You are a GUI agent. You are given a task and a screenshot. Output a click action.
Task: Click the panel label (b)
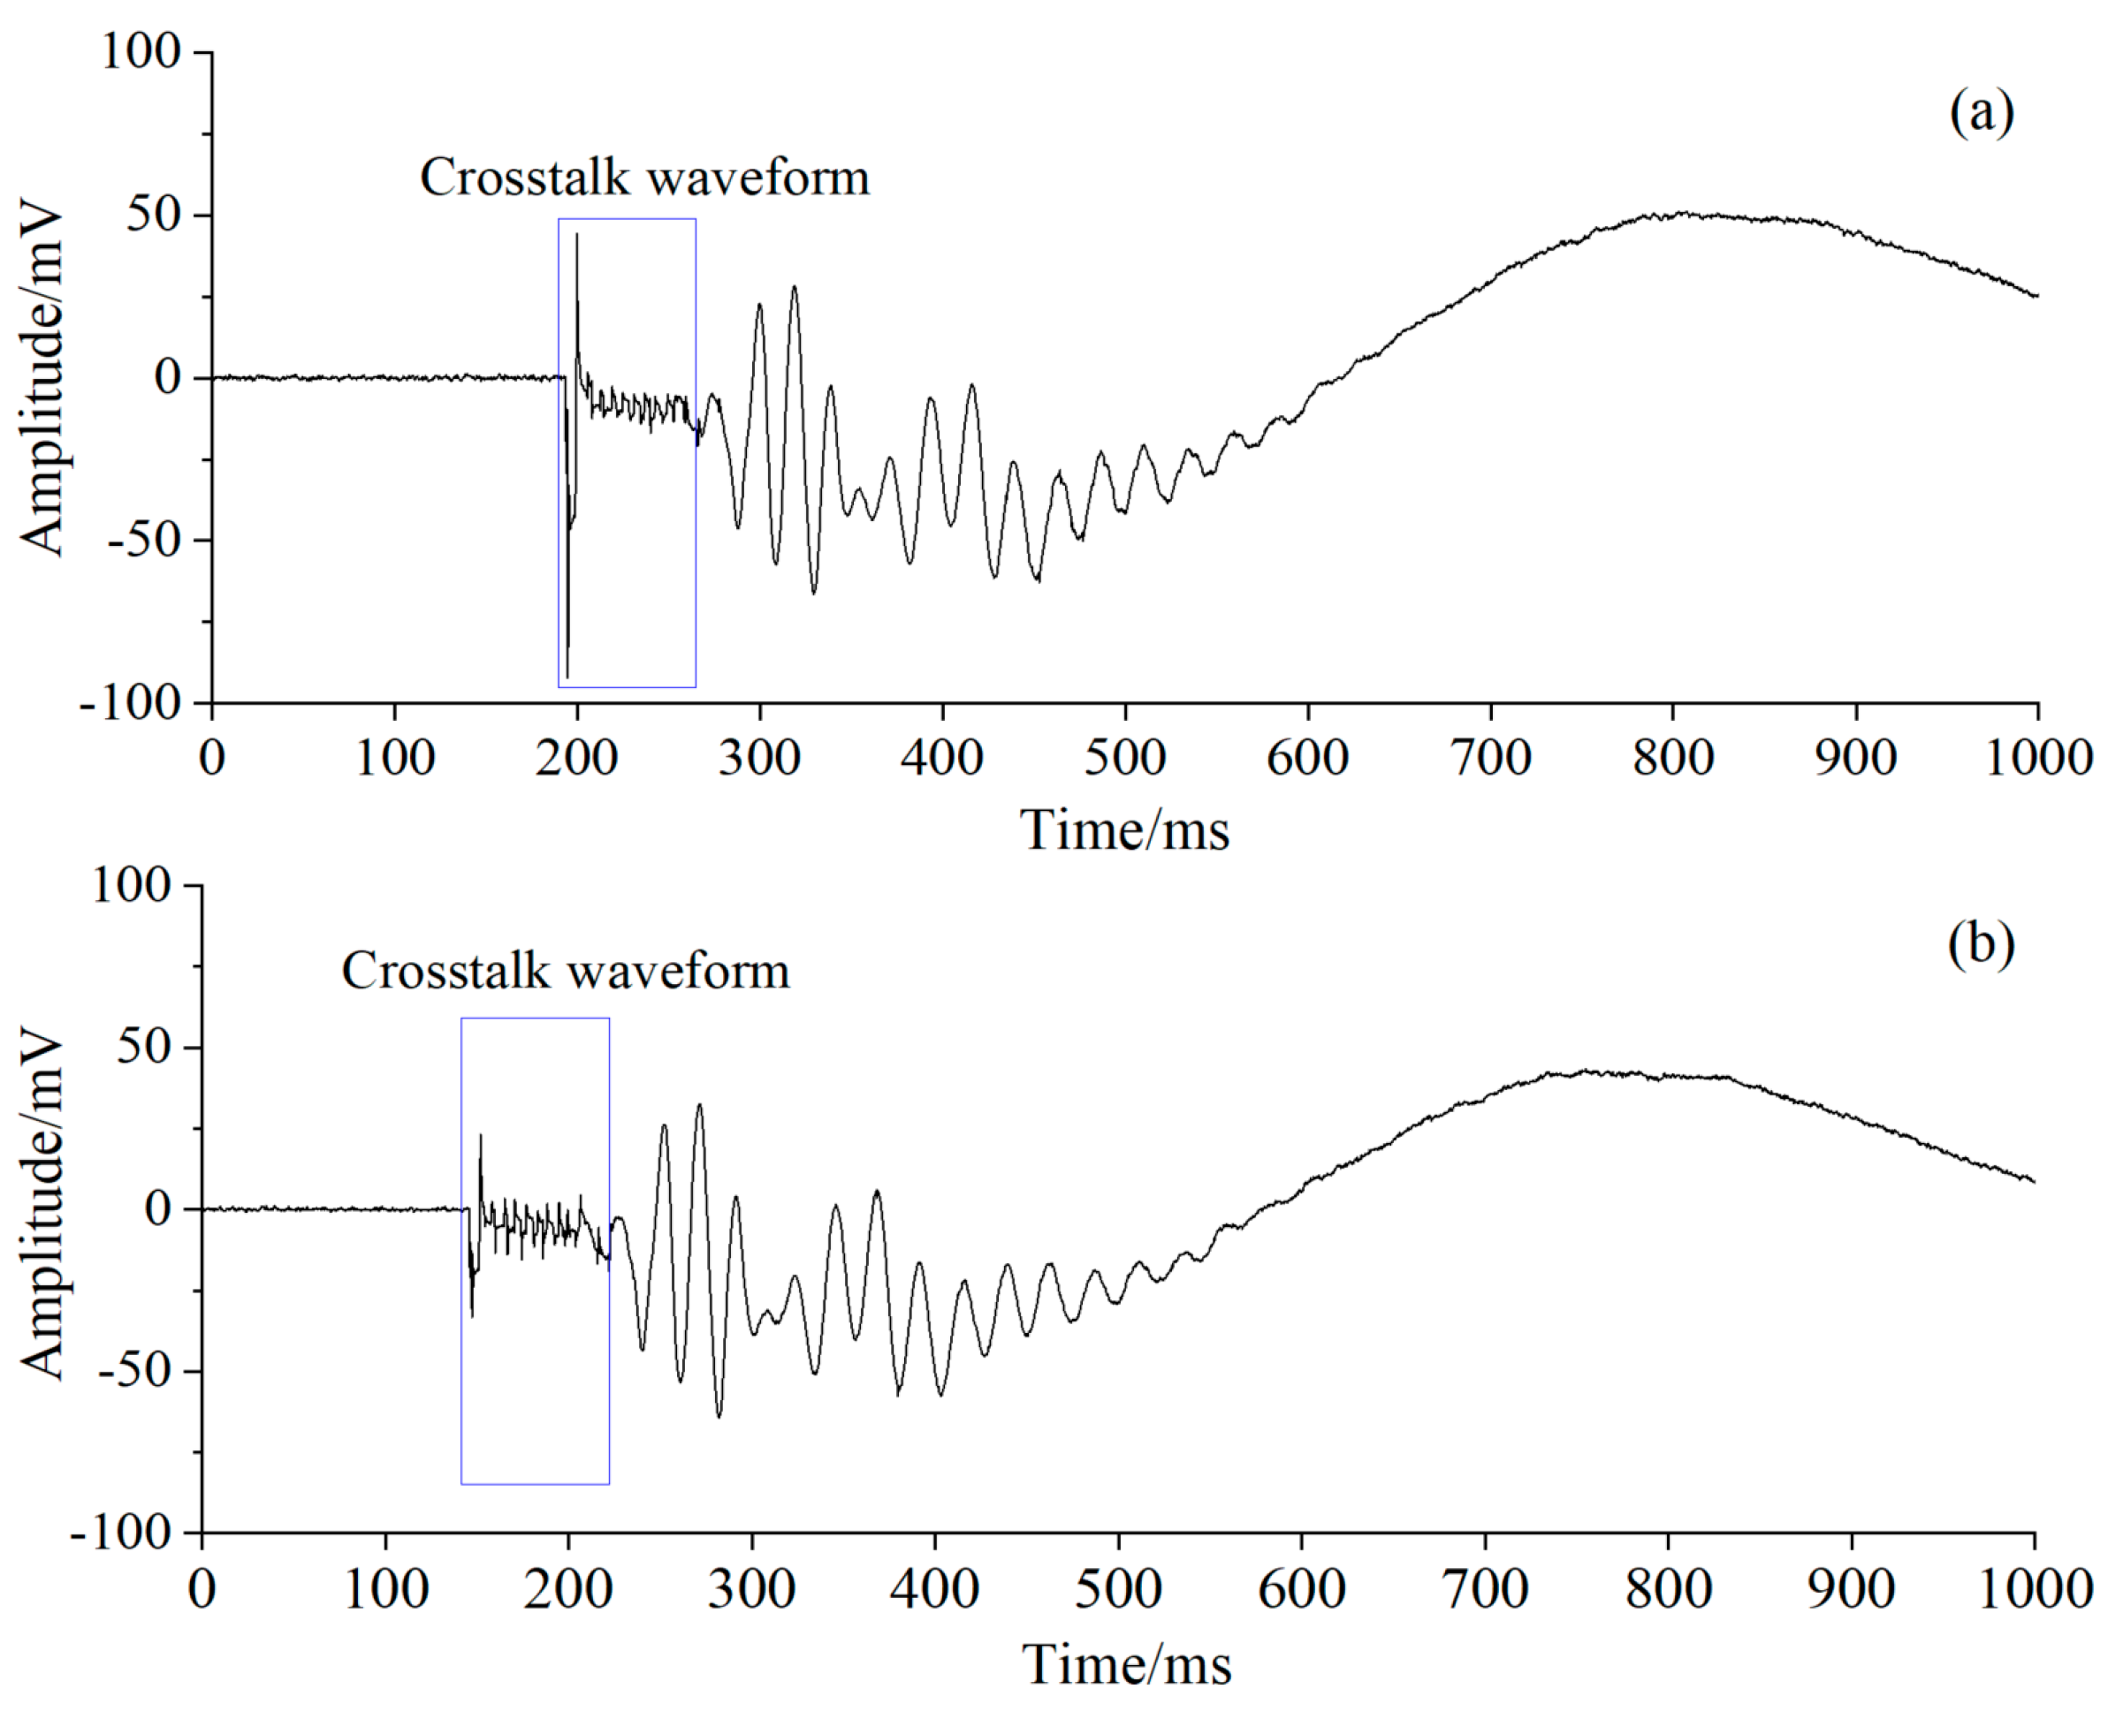coord(1980,943)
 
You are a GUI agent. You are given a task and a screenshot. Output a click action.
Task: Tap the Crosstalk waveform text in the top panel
coord(644,178)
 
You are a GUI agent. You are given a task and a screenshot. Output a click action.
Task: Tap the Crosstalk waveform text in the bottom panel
coord(566,972)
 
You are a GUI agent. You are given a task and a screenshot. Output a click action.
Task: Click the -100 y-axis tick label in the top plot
coord(132,704)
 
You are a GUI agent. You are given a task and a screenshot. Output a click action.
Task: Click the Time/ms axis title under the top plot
coord(1124,829)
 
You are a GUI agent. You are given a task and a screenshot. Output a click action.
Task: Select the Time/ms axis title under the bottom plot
coord(1126,1663)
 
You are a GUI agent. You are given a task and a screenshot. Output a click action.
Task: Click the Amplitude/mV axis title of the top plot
coord(42,382)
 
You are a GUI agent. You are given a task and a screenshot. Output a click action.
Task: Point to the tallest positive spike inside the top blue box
coord(576,236)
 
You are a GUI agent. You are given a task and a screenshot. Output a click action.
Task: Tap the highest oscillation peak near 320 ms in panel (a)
coord(795,288)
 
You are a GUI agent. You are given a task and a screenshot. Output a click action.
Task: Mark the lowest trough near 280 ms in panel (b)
coord(719,1415)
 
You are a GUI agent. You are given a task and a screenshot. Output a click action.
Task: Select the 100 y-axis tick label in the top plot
coord(141,51)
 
